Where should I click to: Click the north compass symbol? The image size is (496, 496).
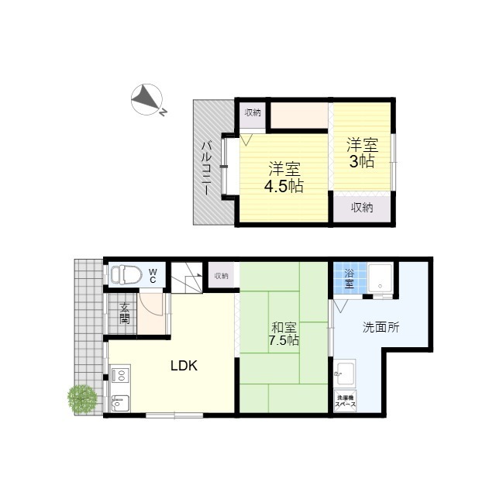point(147,99)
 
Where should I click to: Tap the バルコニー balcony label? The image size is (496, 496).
point(206,168)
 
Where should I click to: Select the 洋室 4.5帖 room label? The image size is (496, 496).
point(284,177)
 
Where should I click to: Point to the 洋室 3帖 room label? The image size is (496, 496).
point(362,153)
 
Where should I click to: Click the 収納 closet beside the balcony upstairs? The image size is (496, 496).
point(253,112)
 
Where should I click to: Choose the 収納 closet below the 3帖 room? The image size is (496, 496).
point(362,208)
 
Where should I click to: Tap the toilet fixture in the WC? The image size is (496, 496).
point(126,274)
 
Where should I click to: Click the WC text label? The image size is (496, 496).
point(153,276)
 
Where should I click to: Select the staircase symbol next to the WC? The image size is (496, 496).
point(187,277)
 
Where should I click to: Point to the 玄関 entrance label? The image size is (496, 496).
point(124,313)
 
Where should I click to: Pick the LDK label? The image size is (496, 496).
point(184,366)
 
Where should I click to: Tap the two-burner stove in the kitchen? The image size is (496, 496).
point(120,374)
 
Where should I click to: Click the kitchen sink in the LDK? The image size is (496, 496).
point(120,403)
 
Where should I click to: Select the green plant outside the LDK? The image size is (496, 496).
point(82,399)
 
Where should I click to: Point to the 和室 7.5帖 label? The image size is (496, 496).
point(284,334)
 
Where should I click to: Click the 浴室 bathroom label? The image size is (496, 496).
point(350,279)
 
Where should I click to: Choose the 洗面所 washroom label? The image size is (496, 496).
point(381,327)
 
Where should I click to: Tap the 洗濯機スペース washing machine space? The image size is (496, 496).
point(346,401)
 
